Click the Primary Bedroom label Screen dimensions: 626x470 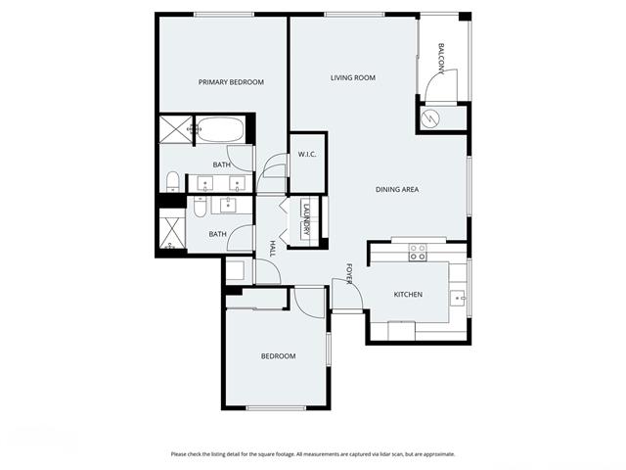coord(231,82)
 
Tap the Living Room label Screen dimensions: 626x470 coord(353,77)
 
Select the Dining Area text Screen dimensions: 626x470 coord(397,189)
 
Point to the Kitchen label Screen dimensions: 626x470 coord(408,295)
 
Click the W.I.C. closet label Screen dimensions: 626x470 coord(307,155)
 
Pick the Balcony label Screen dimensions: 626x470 coord(441,59)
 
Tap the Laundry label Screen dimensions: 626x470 coord(306,219)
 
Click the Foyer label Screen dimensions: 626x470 coord(349,274)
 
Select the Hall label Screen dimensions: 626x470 coord(273,249)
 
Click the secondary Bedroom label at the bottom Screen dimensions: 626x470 coord(278,356)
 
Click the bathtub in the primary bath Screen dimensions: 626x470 coord(220,129)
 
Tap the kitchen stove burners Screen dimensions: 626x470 coord(418,253)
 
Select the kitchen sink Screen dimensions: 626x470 coord(458,298)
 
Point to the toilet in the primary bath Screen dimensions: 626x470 coord(172,182)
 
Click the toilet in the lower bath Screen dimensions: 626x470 coord(200,207)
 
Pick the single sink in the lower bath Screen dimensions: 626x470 coord(228,205)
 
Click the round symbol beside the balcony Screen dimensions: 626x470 coord(430,117)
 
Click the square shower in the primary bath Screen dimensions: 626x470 coord(176,129)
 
